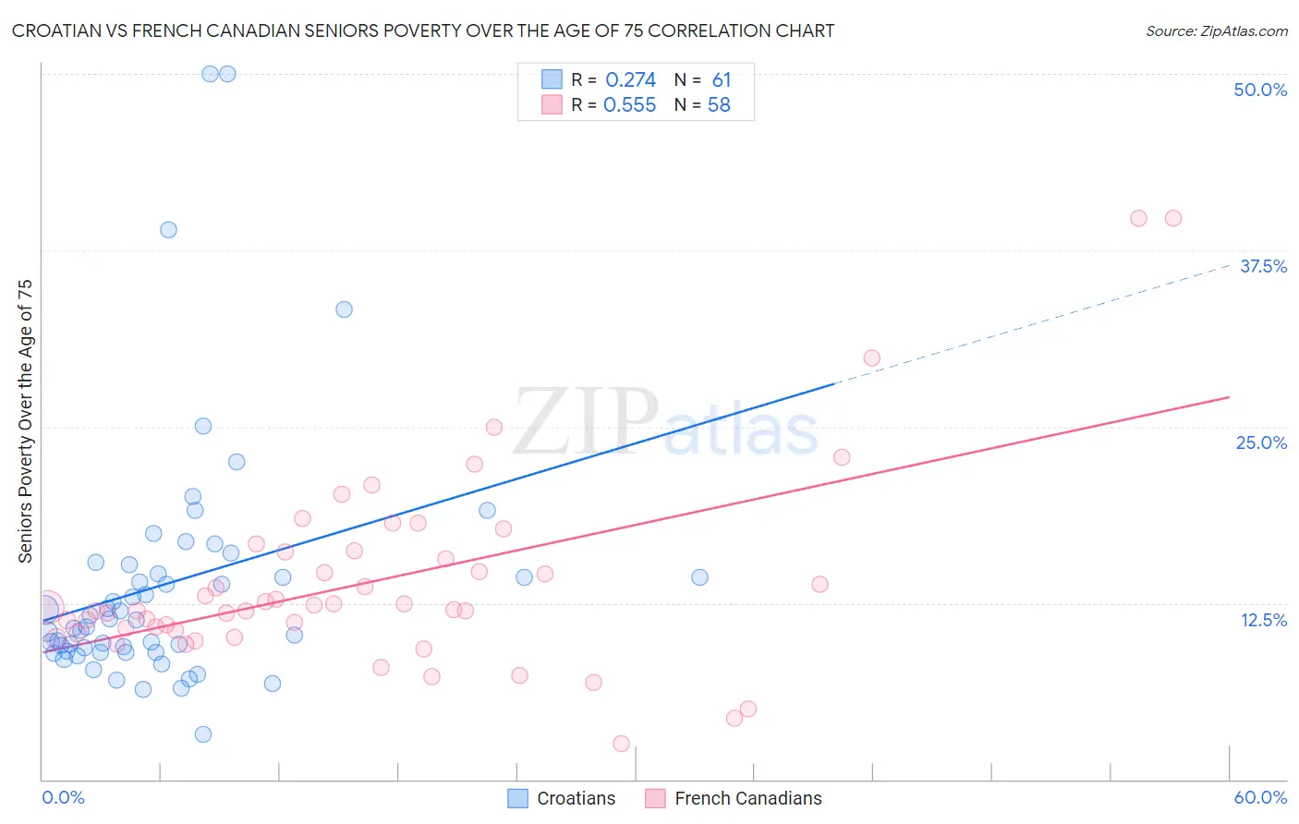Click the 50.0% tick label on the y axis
[x=1259, y=90]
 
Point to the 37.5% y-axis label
[x=1262, y=266]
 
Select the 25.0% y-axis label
[x=1260, y=442]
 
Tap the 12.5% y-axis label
[x=1263, y=620]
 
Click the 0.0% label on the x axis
[x=63, y=797]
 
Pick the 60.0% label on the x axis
[x=1259, y=797]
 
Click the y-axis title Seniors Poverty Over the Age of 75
[x=26, y=420]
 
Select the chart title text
[x=422, y=30]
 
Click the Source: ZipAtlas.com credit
[x=1216, y=30]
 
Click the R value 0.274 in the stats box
[x=630, y=80]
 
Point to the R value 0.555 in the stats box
[x=629, y=105]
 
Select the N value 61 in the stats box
[x=721, y=80]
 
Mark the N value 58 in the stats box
[x=719, y=105]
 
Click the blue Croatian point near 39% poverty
[x=168, y=230]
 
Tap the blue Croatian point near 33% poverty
[x=344, y=309]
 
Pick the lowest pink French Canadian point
[x=621, y=744]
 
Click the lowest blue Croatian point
[x=203, y=734]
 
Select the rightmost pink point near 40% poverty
[x=1172, y=218]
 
